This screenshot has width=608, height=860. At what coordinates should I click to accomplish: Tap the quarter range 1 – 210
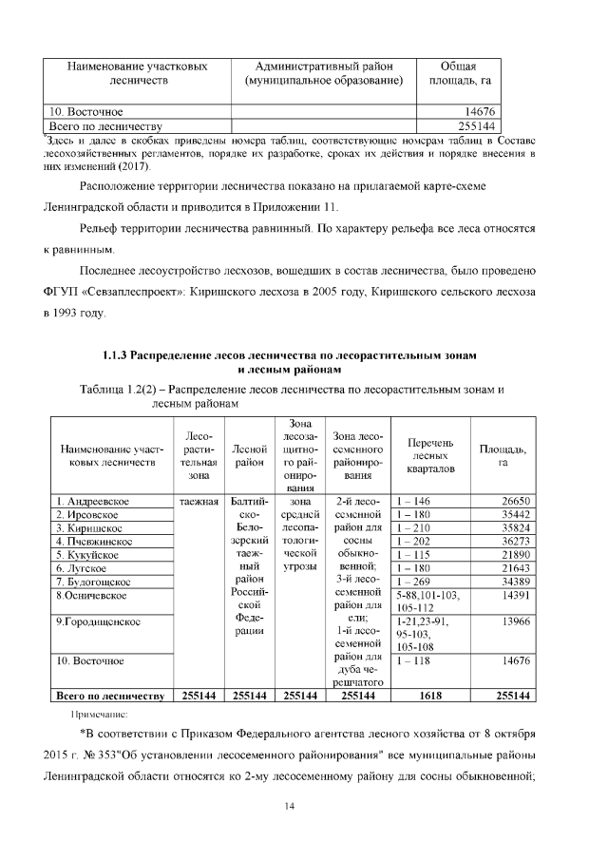[x=414, y=527]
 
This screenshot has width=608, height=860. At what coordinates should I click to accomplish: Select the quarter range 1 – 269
[x=414, y=581]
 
